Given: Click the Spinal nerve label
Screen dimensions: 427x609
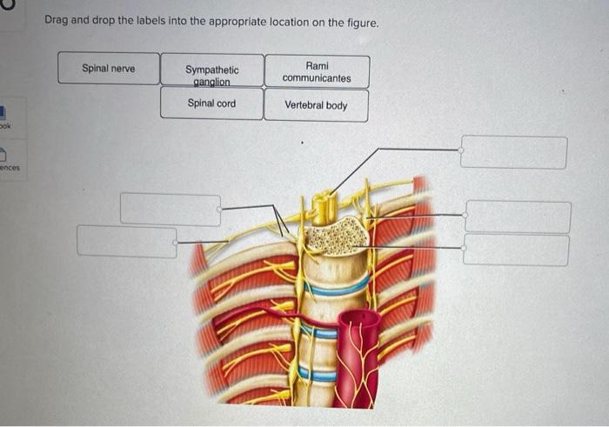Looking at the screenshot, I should pyautogui.click(x=109, y=68).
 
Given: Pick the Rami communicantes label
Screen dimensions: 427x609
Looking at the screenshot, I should pyautogui.click(x=317, y=71).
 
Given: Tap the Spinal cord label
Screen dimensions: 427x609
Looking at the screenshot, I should pyautogui.click(x=211, y=103).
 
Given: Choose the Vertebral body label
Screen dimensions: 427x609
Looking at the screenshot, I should pyautogui.click(x=316, y=105).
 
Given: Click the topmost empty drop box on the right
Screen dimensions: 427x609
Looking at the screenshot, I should pyautogui.click(x=513, y=152).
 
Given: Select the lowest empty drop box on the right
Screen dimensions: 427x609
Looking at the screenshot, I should pyautogui.click(x=516, y=250).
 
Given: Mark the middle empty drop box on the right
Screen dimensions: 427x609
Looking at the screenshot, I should pyautogui.click(x=518, y=217).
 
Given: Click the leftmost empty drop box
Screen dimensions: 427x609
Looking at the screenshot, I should pyautogui.click(x=126, y=241).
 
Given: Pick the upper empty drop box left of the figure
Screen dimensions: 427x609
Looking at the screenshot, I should pyautogui.click(x=171, y=210).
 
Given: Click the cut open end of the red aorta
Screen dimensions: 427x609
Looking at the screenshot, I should pyautogui.click(x=358, y=319).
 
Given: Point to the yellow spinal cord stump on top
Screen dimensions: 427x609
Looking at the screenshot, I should pyautogui.click(x=324, y=206).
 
